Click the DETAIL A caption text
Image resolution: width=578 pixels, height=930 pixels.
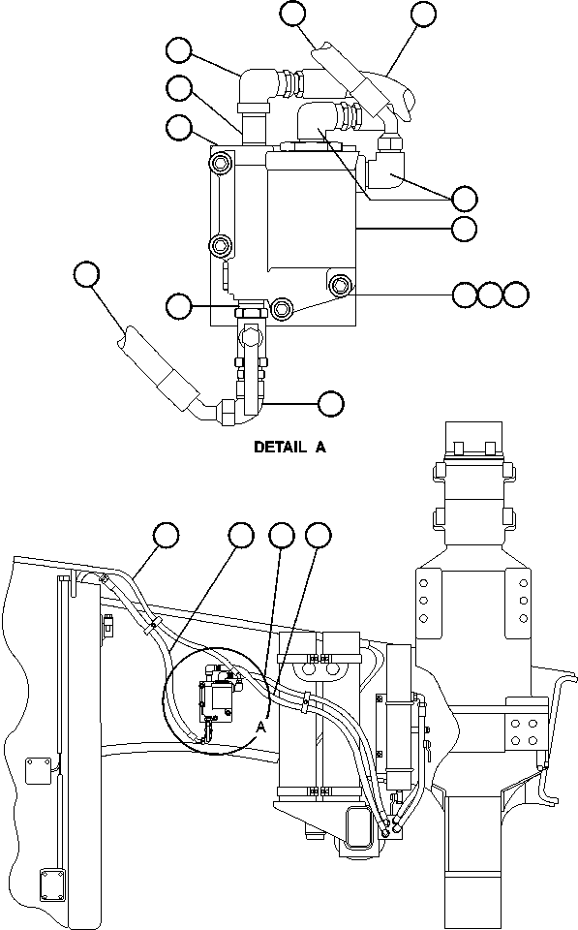pyautogui.click(x=290, y=448)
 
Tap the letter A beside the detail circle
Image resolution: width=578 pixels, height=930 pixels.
pyautogui.click(x=259, y=727)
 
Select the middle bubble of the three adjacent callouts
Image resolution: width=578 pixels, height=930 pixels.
pyautogui.click(x=491, y=294)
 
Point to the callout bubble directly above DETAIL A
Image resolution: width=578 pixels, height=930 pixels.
pyautogui.click(x=331, y=402)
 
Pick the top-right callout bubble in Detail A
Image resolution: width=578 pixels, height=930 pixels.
pyautogui.click(x=424, y=14)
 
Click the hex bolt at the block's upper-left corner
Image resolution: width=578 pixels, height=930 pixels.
pyautogui.click(x=222, y=160)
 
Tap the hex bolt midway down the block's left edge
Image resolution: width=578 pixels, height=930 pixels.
pyautogui.click(x=222, y=242)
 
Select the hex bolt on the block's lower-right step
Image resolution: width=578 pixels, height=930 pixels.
pyautogui.click(x=340, y=286)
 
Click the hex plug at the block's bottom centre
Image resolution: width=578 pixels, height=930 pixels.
pyautogui.click(x=283, y=309)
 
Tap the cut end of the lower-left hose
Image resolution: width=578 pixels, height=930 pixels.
pyautogui.click(x=126, y=341)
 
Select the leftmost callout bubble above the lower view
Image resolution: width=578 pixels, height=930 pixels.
pyautogui.click(x=167, y=534)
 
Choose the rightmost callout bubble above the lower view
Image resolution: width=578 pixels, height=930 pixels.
pyautogui.click(x=318, y=534)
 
